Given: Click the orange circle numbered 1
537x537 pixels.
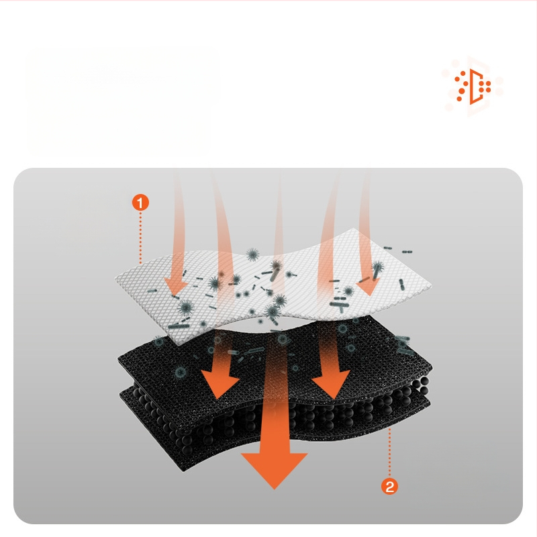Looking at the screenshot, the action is pyautogui.click(x=140, y=203).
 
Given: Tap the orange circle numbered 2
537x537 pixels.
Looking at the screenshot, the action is pyautogui.click(x=389, y=486).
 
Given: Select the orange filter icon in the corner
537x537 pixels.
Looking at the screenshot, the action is pyautogui.click(x=473, y=87).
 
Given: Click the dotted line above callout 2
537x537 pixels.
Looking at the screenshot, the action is pyautogui.click(x=389, y=452).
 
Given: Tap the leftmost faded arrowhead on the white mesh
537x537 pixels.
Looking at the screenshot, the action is pyautogui.click(x=176, y=286).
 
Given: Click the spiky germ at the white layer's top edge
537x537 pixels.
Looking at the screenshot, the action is pyautogui.click(x=253, y=254).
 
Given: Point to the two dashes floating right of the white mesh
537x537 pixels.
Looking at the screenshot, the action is pyautogui.click(x=407, y=252).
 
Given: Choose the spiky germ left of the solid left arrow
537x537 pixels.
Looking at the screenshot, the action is pyautogui.click(x=180, y=373).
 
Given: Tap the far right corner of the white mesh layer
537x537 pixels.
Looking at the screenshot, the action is pyautogui.click(x=431, y=284).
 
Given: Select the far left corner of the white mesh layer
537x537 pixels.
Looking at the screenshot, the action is pyautogui.click(x=115, y=279).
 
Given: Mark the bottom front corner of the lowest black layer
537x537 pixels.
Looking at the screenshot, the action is pyautogui.click(x=184, y=471).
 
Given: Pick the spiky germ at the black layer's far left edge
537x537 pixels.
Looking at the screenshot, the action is pyautogui.click(x=158, y=341).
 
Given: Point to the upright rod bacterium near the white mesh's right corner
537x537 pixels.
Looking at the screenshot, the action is pyautogui.click(x=401, y=284).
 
